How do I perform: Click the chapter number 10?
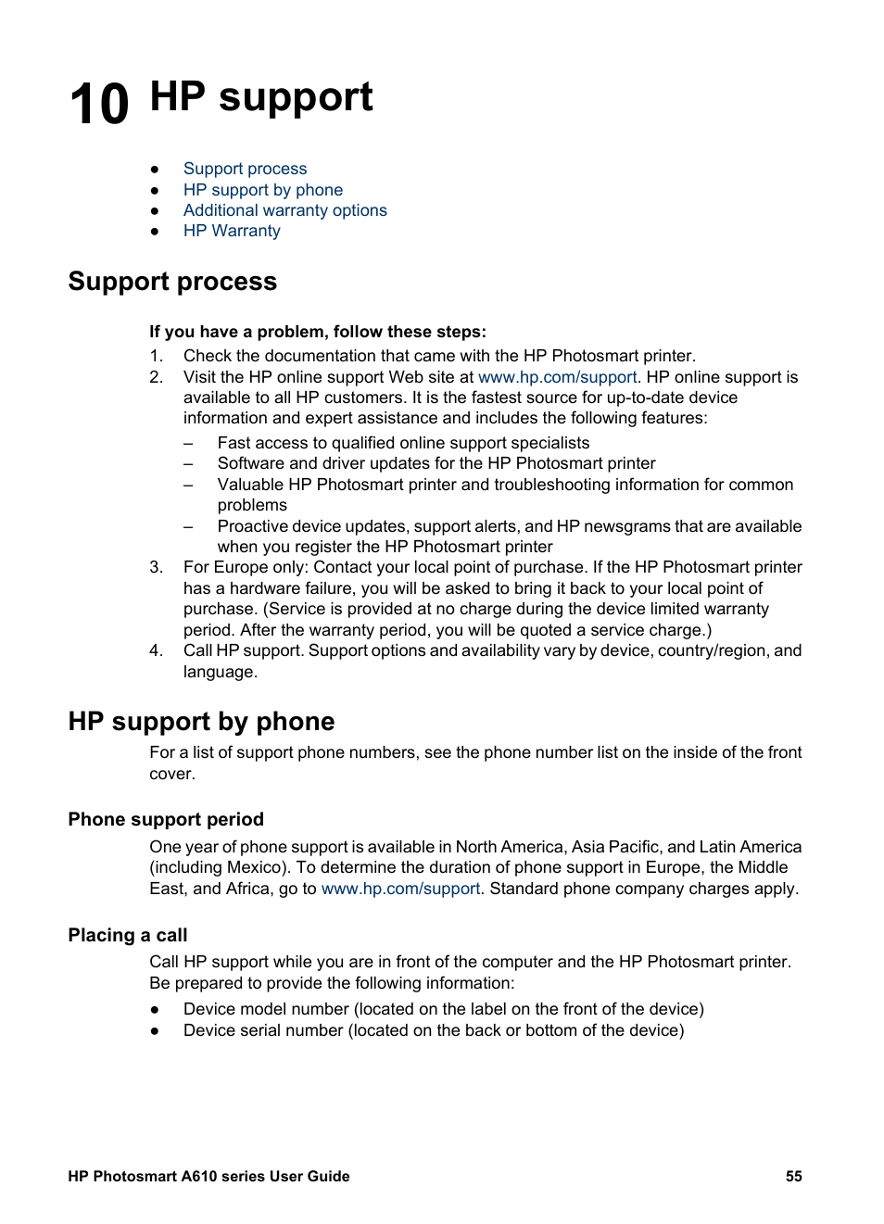(x=99, y=104)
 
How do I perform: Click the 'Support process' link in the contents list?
(x=245, y=169)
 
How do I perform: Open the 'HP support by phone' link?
(x=262, y=190)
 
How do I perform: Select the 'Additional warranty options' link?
(x=284, y=210)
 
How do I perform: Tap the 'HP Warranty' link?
(x=232, y=231)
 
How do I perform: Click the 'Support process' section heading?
(x=172, y=282)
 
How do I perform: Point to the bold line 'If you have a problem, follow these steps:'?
(x=317, y=332)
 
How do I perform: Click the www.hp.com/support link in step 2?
(x=557, y=377)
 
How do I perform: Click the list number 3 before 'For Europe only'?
(x=156, y=567)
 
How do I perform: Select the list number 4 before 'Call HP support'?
(x=156, y=650)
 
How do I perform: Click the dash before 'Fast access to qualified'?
(x=188, y=443)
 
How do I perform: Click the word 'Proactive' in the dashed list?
(x=252, y=526)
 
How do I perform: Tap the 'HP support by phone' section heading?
(x=201, y=722)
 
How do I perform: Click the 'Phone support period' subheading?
(x=166, y=819)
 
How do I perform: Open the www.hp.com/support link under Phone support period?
(x=400, y=889)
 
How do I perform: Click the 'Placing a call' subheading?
(x=128, y=935)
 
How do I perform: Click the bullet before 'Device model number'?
(x=155, y=1009)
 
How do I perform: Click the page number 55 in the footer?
(x=794, y=1177)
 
